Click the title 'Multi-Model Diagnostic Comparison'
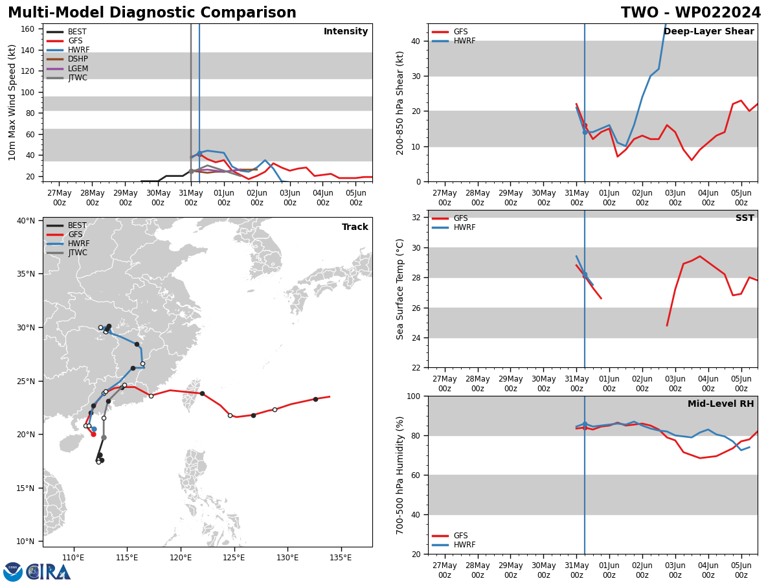152,13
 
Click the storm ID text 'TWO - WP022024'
691,13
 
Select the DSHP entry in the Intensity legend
78,60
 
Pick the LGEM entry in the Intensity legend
78,69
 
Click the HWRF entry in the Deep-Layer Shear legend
464,41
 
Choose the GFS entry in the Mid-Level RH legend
460,536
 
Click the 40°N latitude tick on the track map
26,221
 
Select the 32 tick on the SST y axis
417,218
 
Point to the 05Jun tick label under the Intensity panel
355,198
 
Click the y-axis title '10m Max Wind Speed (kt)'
13,102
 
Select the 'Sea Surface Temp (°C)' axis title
400,289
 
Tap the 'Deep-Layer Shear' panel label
708,32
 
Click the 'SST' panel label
745,218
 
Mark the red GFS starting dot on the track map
93,434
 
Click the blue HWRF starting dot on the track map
94,429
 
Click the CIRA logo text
49,572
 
